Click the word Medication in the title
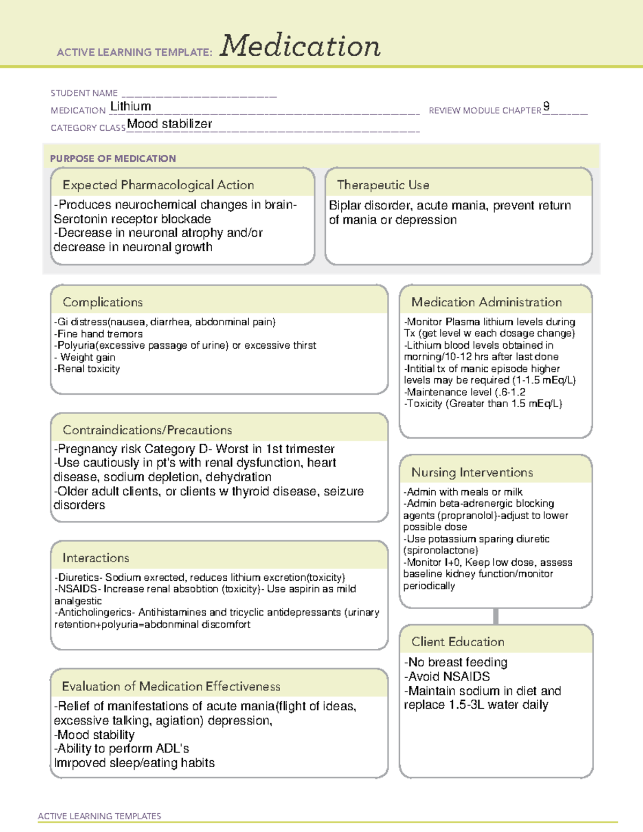300,46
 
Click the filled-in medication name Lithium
130,107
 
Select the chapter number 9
546,106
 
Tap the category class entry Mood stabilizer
169,124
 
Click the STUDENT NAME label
84,93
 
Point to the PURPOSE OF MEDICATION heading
113,159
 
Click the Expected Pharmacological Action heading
158,185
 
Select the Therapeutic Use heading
383,185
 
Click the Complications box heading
102,302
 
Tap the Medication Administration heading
486,302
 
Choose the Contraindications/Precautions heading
147,430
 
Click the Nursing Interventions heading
472,472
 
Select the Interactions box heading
95,558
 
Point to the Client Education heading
458,642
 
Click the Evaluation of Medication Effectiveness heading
171,686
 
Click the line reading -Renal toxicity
87,369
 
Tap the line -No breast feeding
455,662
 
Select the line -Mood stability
94,734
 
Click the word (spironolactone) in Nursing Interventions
440,550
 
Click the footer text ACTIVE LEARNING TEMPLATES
100,816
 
